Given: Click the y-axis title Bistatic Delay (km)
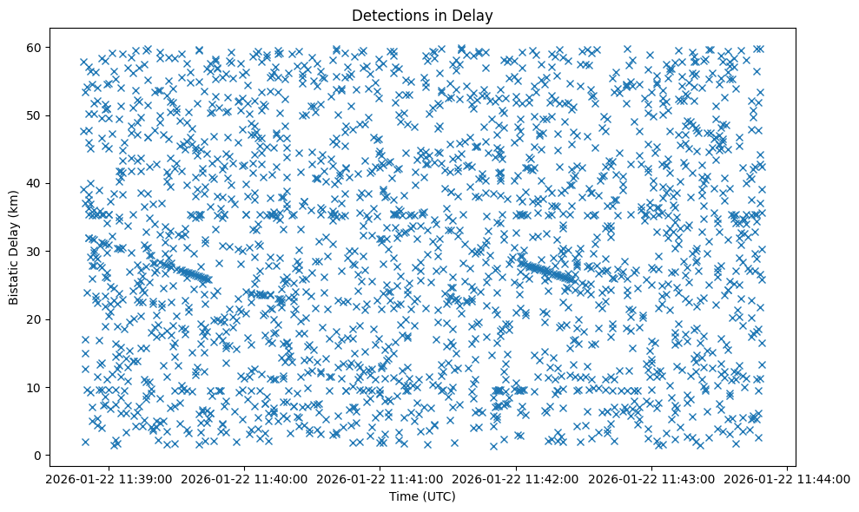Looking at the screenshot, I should pos(15,248).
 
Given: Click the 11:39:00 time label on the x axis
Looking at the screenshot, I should pos(109,479).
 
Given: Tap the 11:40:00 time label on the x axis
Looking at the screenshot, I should pos(244,479).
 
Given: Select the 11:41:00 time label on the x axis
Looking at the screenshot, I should pos(380,479).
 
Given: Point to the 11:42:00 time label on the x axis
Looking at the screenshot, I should pos(517,479).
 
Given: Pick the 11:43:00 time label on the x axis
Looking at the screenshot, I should pos(652,479).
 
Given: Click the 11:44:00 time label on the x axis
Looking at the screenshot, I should pos(788,479).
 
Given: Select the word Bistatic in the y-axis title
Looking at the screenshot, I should pos(15,275).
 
